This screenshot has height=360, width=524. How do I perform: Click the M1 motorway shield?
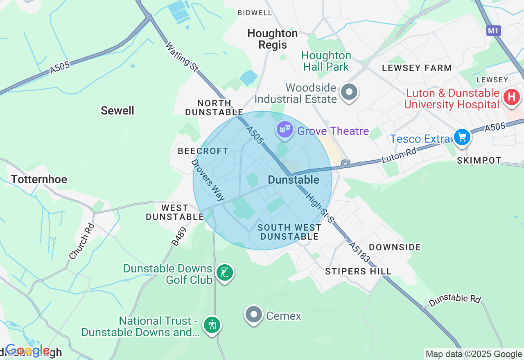coord(494,31)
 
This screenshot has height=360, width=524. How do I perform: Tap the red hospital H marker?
coord(511,97)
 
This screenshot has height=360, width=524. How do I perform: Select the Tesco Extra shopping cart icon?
coord(462,137)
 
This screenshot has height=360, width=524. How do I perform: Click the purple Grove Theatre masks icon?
coord(285,130)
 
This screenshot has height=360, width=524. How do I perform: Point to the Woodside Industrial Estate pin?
coord(349,92)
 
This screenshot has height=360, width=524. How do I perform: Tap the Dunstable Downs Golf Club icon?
coord(224,272)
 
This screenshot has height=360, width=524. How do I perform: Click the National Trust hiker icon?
coord(212,325)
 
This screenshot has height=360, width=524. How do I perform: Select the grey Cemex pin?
coord(254,314)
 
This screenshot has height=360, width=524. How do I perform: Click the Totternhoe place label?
coord(39,179)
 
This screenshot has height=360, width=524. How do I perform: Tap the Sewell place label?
coord(117,110)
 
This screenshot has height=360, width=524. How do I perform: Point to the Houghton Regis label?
coord(273,39)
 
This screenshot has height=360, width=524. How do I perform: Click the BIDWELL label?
coord(255,13)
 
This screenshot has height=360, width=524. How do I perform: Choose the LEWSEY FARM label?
coord(417,68)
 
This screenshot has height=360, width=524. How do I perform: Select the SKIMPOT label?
coord(479,160)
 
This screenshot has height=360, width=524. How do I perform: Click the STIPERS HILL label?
coord(358,271)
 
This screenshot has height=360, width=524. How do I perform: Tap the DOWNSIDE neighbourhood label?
coord(395,247)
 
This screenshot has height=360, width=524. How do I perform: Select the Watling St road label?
coord(182,57)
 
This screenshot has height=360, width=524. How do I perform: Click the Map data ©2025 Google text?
coord(474,354)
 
